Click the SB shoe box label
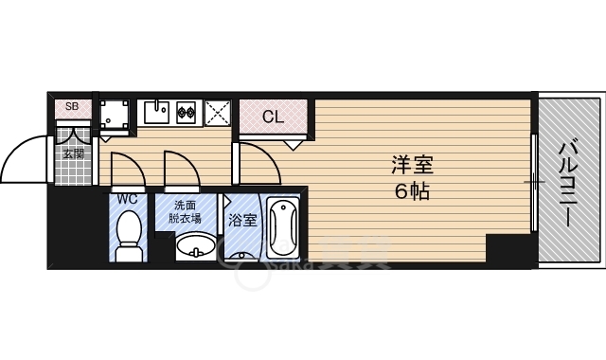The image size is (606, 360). (72, 107)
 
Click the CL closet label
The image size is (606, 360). (273, 117)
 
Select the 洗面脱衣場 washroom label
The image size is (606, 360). (185, 211)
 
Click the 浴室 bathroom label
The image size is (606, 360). (242, 221)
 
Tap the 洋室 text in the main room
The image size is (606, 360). (413, 165)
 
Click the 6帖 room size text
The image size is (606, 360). (413, 191)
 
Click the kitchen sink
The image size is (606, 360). (156, 113)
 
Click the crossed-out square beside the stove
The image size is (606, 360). (217, 113)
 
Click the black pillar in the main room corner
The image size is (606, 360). (509, 250)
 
